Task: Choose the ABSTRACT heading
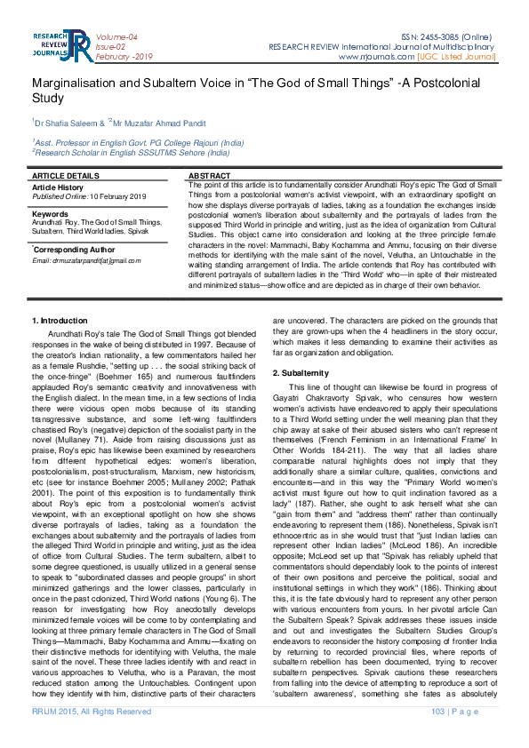[210, 177]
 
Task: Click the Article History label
[58, 187]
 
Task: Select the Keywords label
[50, 214]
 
